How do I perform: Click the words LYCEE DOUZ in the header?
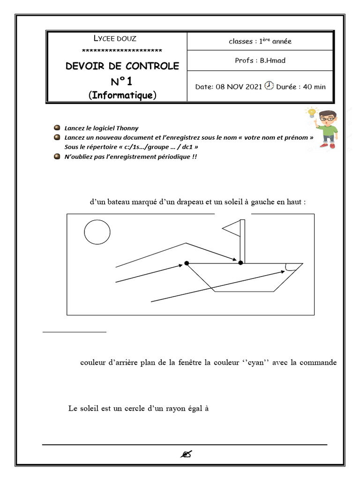(115, 39)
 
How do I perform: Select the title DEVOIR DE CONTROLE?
(122, 66)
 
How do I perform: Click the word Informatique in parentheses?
(122, 96)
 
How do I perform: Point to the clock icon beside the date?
(269, 86)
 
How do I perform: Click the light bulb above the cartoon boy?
(310, 113)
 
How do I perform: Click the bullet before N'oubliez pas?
(57, 157)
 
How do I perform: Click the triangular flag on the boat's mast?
(231, 229)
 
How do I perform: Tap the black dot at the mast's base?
(241, 263)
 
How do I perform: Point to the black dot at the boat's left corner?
(187, 263)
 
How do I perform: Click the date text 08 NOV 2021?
(239, 87)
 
